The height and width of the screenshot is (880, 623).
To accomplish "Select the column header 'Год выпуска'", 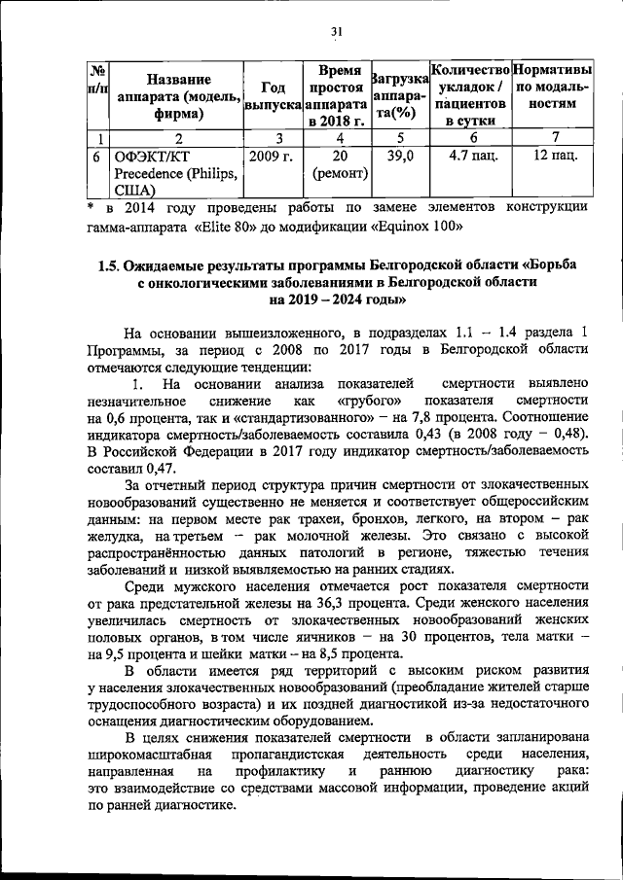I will click(273, 93).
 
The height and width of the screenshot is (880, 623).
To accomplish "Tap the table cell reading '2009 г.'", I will click(272, 156).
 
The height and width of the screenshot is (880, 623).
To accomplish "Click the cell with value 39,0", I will click(400, 156).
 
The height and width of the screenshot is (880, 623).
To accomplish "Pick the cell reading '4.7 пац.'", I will click(470, 156).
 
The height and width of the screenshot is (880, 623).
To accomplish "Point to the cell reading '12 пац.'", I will click(553, 156).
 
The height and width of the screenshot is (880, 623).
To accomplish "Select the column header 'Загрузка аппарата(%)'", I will click(400, 93).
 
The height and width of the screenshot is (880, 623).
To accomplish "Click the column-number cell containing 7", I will click(553, 137).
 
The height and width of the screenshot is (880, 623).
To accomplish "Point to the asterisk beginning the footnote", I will click(91, 207).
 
